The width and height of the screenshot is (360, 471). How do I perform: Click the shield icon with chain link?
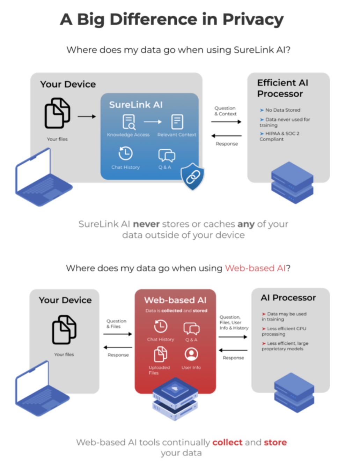192,177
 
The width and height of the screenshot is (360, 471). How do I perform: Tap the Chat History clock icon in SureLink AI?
125,153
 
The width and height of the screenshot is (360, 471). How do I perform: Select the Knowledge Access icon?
128,122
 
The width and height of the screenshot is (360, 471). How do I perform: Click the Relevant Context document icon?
177,122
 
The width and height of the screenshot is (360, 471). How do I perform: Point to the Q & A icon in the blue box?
167,155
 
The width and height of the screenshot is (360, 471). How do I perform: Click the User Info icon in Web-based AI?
191,354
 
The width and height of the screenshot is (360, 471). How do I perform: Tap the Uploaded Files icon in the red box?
160,354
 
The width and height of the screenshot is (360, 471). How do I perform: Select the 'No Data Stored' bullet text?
282,110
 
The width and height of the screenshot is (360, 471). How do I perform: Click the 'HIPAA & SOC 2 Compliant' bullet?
279,136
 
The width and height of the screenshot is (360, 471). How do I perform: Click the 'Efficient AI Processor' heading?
282,88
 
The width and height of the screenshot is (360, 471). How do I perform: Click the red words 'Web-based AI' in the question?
255,268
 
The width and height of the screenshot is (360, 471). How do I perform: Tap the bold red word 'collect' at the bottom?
227,442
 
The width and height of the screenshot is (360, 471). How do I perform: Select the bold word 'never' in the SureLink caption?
146,224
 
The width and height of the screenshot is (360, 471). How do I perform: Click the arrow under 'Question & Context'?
226,122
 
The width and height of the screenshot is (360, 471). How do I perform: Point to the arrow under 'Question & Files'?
118,334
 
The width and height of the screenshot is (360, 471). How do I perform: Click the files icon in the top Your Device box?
57,113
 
